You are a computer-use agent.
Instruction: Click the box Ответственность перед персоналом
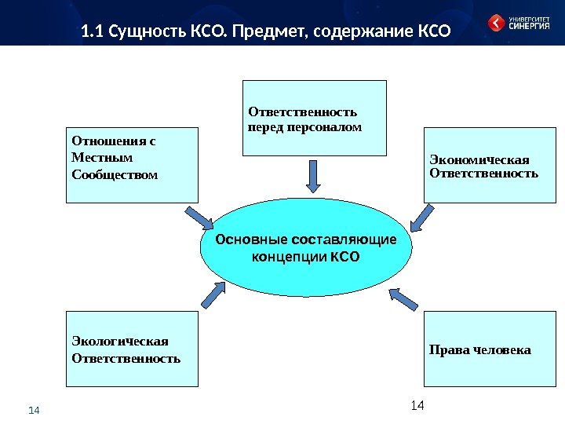tap(315, 118)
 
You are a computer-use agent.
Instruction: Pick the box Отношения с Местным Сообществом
tap(133, 166)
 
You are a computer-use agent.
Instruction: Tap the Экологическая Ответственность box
tap(133, 349)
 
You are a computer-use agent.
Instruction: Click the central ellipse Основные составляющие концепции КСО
tap(305, 247)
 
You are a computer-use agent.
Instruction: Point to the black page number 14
tap(417, 404)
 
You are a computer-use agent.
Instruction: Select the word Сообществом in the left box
tap(115, 173)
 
